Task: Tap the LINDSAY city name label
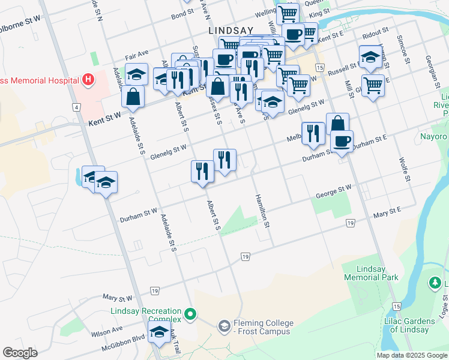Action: [x=231, y=30]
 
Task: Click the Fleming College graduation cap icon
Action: [x=224, y=325]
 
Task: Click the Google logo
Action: [x=20, y=352]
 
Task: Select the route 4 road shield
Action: [x=76, y=107]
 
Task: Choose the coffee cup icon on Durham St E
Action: [x=342, y=141]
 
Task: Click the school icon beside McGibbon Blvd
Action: [x=158, y=331]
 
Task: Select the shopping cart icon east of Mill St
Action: [x=373, y=85]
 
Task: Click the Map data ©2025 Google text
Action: [x=411, y=355]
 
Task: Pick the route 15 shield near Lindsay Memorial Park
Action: [x=396, y=307]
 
